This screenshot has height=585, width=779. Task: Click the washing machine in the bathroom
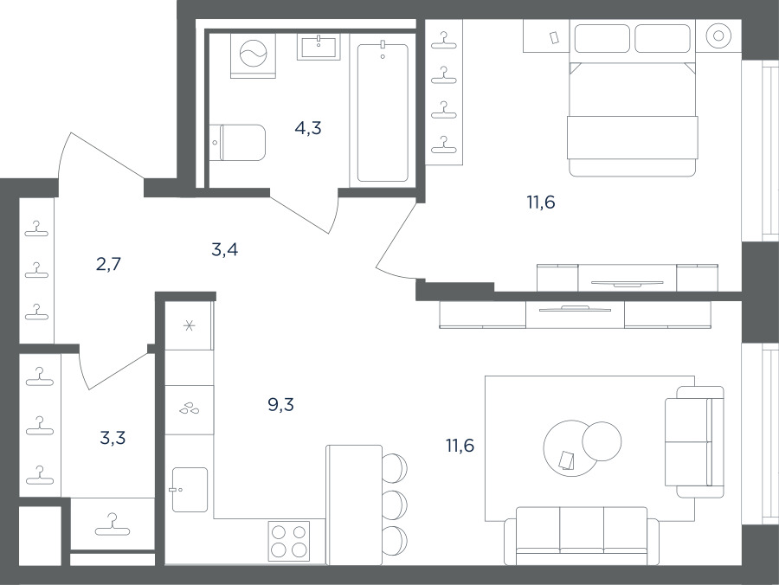(253, 55)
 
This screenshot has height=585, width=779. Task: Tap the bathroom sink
(319, 47)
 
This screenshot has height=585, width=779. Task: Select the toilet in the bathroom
(237, 143)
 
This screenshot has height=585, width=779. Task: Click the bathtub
(383, 112)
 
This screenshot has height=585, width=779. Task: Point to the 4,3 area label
(308, 128)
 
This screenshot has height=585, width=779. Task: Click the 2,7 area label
(108, 264)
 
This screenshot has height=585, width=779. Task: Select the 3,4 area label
(224, 249)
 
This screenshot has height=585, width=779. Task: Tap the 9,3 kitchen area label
(280, 405)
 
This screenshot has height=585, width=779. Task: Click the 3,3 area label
(113, 438)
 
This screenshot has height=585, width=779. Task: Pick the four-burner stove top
(288, 542)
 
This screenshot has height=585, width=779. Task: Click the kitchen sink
(190, 490)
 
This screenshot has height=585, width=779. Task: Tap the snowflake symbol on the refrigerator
(189, 325)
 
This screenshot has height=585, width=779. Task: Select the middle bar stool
(395, 505)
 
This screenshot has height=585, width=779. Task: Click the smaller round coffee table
(602, 441)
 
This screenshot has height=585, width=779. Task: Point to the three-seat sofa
(582, 536)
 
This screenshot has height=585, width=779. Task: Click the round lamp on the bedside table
(718, 35)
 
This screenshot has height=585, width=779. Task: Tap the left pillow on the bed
(602, 38)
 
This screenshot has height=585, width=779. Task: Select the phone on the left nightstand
(555, 37)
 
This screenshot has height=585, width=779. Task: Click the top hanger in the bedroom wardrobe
(444, 40)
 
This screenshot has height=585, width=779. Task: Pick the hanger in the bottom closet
(113, 525)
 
